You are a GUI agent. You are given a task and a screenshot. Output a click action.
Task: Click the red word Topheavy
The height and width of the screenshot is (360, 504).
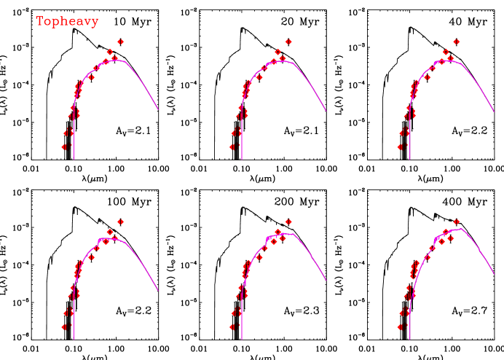tap(67, 22)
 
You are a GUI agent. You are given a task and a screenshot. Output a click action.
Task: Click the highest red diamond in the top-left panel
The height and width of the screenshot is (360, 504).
tap(120, 42)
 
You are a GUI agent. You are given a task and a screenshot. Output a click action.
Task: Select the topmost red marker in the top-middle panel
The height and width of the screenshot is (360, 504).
tap(288, 42)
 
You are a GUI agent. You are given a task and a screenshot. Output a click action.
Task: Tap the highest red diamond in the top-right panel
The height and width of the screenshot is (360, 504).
tap(457, 42)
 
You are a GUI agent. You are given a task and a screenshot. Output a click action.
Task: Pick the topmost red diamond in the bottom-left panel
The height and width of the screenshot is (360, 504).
tap(120, 222)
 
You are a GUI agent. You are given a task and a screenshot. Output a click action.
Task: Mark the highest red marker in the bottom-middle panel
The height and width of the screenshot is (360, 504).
tap(288, 222)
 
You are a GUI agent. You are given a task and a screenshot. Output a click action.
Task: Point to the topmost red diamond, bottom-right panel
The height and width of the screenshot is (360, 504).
tap(457, 222)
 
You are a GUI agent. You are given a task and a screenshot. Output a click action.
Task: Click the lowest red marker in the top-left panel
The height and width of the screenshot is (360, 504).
tap(64, 146)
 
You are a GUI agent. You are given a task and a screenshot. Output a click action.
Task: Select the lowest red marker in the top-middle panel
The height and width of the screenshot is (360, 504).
tap(232, 146)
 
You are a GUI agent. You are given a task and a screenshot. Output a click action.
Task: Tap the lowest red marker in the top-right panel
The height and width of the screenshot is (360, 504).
tap(401, 146)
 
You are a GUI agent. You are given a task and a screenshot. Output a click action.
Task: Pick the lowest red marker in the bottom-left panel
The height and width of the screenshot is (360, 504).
tap(64, 327)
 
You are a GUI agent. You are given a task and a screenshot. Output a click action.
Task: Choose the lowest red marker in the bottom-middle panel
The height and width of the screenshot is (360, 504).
tap(232, 327)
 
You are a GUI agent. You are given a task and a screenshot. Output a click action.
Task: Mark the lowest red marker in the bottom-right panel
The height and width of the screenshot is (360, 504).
tap(401, 327)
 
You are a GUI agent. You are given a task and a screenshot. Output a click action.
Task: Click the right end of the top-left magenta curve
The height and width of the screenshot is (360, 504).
tap(158, 111)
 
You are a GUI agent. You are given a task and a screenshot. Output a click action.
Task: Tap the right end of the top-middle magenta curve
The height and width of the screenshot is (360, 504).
tap(326, 111)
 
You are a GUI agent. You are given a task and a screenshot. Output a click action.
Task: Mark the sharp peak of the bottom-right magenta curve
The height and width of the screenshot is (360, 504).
tap(462, 229)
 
